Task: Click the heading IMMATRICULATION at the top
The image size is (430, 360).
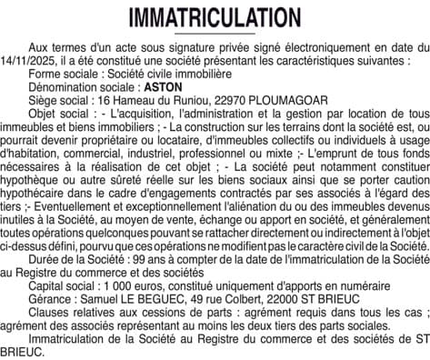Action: tap(215, 19)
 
